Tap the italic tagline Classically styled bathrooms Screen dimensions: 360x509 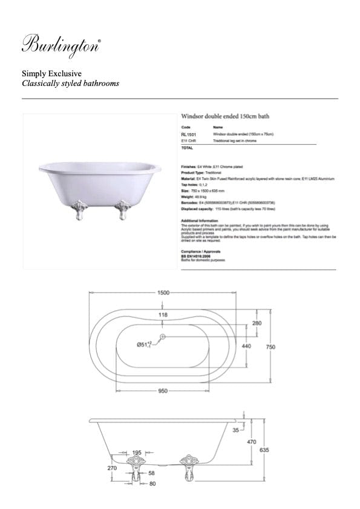(x=70, y=84)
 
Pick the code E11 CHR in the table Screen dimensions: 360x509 (x=188, y=140)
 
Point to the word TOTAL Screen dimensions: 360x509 (x=186, y=148)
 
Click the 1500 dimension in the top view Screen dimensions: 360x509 (x=163, y=292)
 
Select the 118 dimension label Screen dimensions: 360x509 (x=163, y=315)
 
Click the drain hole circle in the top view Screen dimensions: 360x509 (x=163, y=336)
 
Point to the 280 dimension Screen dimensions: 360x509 (x=257, y=324)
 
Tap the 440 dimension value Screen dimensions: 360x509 (x=246, y=346)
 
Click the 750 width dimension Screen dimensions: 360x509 (x=271, y=347)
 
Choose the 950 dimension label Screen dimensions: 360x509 (x=163, y=392)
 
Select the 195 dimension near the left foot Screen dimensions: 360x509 (x=137, y=453)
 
